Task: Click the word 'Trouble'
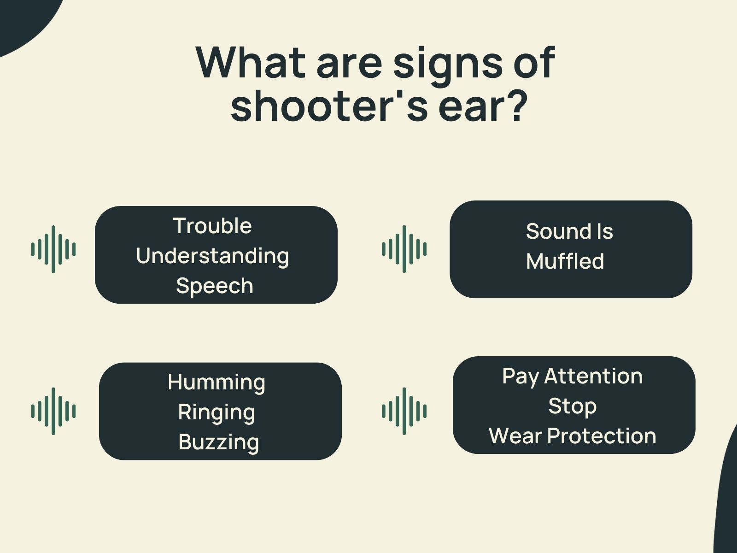tap(212, 226)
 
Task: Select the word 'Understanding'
tap(212, 256)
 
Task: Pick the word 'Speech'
tap(215, 286)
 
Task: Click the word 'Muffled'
tap(565, 261)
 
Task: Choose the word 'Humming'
tap(216, 382)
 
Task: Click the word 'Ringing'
tap(216, 412)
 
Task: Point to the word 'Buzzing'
tap(219, 442)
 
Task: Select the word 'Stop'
tap(572, 406)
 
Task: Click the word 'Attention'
tap(593, 376)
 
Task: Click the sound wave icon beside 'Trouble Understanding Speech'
tap(53, 249)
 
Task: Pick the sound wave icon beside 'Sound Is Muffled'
tap(404, 249)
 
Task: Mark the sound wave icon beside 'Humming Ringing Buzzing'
tap(53, 411)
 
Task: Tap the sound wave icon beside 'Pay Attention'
tap(404, 411)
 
